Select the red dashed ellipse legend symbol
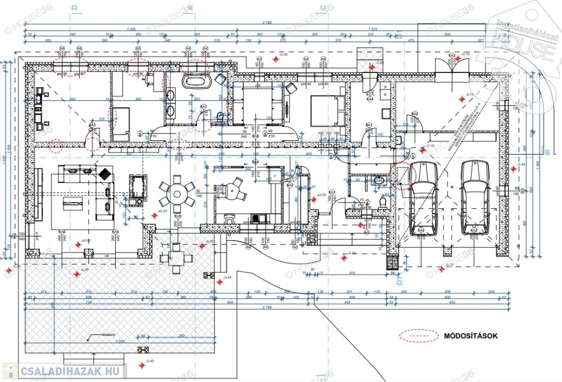click(419, 336)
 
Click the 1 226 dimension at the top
click(131, 28)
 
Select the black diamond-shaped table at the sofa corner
click(103, 174)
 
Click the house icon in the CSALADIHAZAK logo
click(10, 371)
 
